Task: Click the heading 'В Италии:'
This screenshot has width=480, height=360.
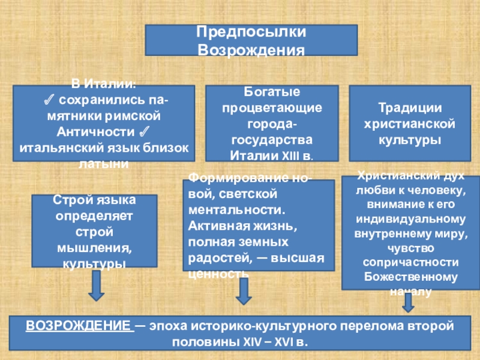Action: (x=103, y=82)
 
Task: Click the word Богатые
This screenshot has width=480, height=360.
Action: (x=272, y=92)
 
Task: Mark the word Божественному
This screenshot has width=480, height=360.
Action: (x=411, y=278)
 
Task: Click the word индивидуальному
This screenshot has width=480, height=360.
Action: (x=411, y=219)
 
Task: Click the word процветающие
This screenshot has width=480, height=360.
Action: (x=272, y=109)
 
